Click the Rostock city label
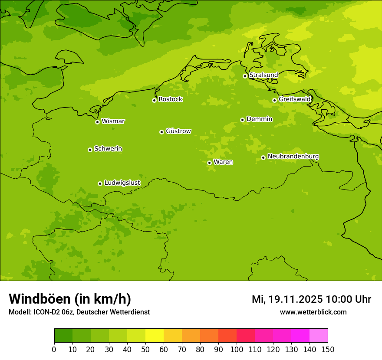[170, 99]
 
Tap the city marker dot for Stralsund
[245, 76]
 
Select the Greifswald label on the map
[294, 99]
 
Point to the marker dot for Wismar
[98, 122]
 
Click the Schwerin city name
[108, 149]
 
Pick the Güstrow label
[178, 131]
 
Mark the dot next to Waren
[209, 163]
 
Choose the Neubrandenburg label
[293, 157]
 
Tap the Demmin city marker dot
[242, 120]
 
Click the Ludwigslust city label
[122, 183]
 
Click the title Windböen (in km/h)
[70, 299]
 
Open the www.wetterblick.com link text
[313, 312]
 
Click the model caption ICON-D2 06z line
[79, 312]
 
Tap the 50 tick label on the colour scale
[145, 350]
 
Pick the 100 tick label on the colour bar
[237, 350]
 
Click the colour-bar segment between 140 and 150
[319, 336]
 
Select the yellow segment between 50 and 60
[155, 336]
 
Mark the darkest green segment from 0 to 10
[63, 336]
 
